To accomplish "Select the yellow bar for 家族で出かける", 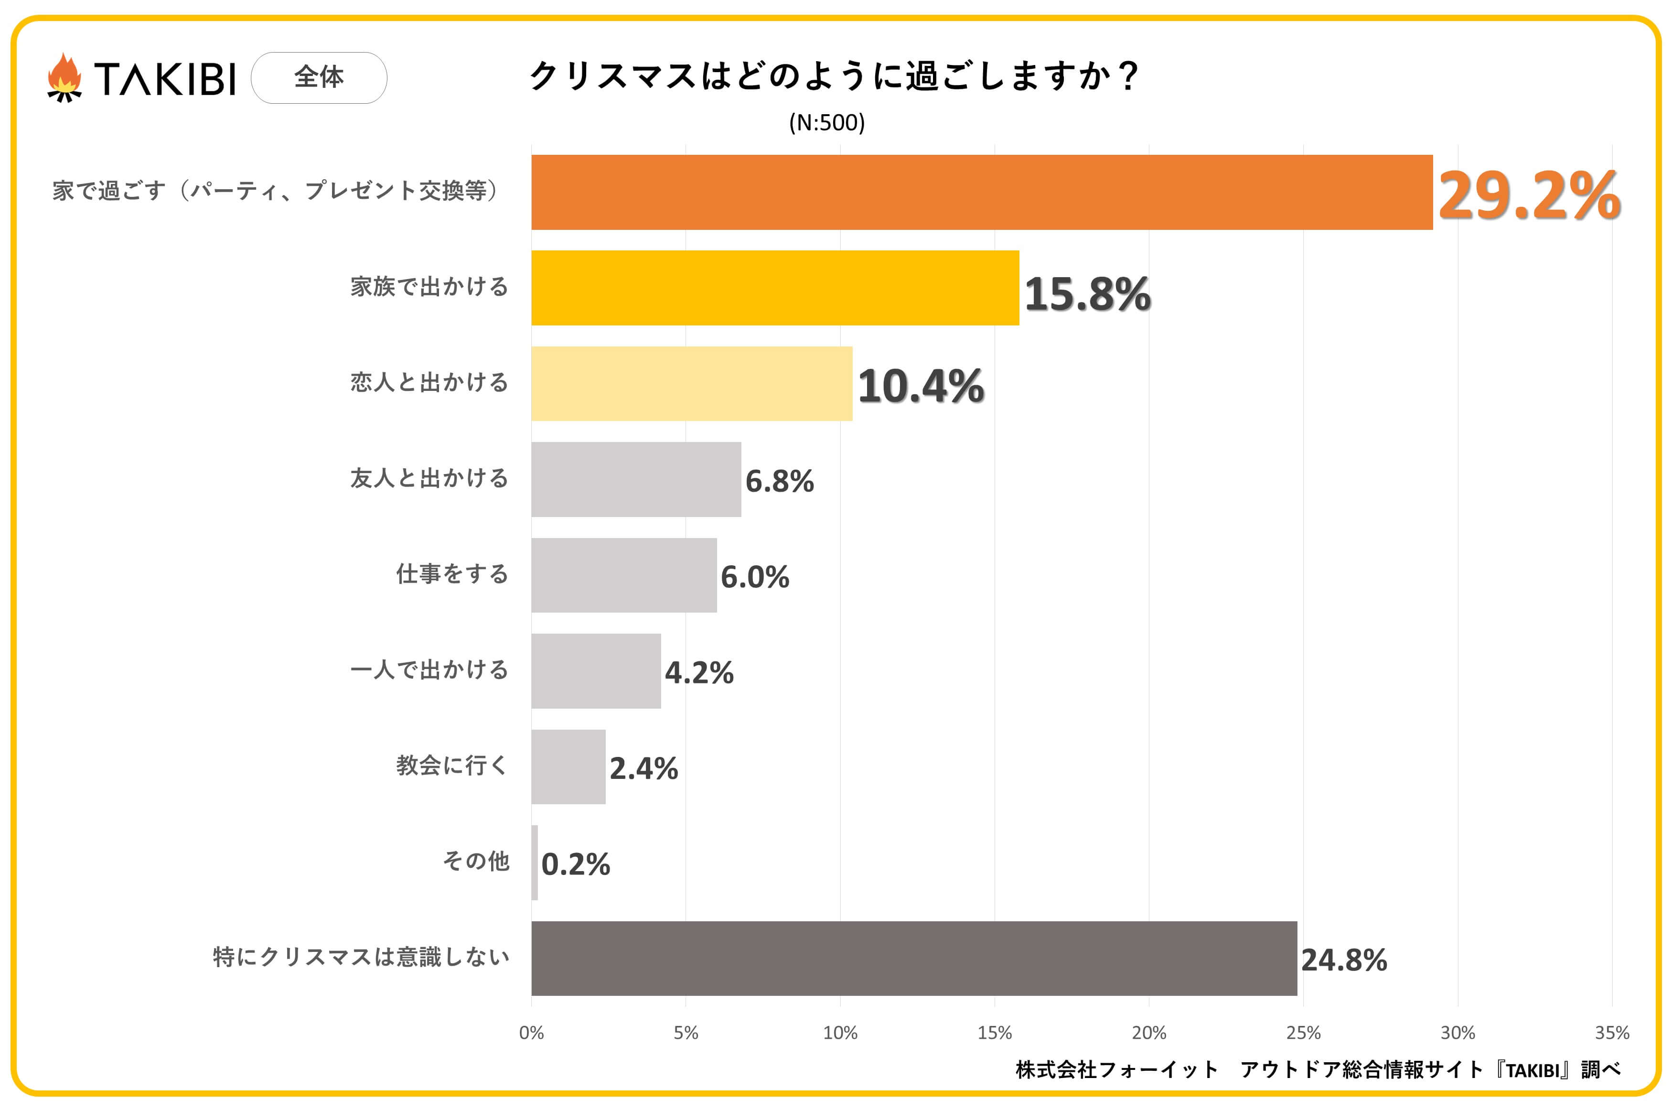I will click(775, 288).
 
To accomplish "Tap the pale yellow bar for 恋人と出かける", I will click(691, 383).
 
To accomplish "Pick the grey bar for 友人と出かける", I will click(636, 479).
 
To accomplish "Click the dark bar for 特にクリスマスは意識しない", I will click(913, 958).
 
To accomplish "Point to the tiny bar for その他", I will click(535, 863).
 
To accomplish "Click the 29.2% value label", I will click(1528, 195).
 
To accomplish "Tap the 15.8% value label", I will click(1087, 293).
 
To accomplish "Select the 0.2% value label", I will click(575, 864).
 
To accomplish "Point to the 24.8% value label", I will click(1343, 960).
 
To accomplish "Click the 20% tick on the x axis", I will click(1148, 1032).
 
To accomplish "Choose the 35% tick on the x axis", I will click(1612, 1032).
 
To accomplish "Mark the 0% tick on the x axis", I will click(531, 1032).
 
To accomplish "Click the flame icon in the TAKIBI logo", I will click(64, 77).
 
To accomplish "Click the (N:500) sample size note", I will click(826, 123).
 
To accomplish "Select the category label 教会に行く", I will click(452, 765).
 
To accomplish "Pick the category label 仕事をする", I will click(452, 574).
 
